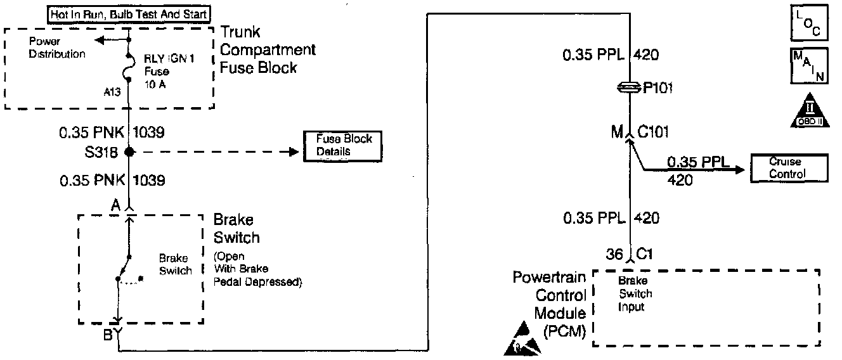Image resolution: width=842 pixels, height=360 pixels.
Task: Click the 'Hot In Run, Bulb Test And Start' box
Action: pyautogui.click(x=130, y=13)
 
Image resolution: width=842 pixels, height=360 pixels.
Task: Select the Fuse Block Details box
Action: pyautogui.click(x=344, y=145)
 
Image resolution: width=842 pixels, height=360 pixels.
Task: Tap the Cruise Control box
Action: pyautogui.click(x=788, y=168)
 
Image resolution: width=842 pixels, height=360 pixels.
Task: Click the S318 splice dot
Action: pyautogui.click(x=129, y=152)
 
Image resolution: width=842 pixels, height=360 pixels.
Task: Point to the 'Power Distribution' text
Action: pyautogui.click(x=57, y=48)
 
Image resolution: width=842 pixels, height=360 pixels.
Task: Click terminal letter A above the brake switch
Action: pyautogui.click(x=116, y=205)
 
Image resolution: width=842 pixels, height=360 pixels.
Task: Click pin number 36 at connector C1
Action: pyautogui.click(x=614, y=255)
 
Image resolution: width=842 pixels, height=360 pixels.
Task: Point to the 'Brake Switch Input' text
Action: pyautogui.click(x=636, y=293)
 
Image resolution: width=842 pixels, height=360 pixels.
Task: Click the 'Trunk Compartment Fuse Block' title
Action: pyautogui.click(x=268, y=49)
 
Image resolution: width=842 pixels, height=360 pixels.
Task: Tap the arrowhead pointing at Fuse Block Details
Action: pyautogui.click(x=293, y=152)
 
